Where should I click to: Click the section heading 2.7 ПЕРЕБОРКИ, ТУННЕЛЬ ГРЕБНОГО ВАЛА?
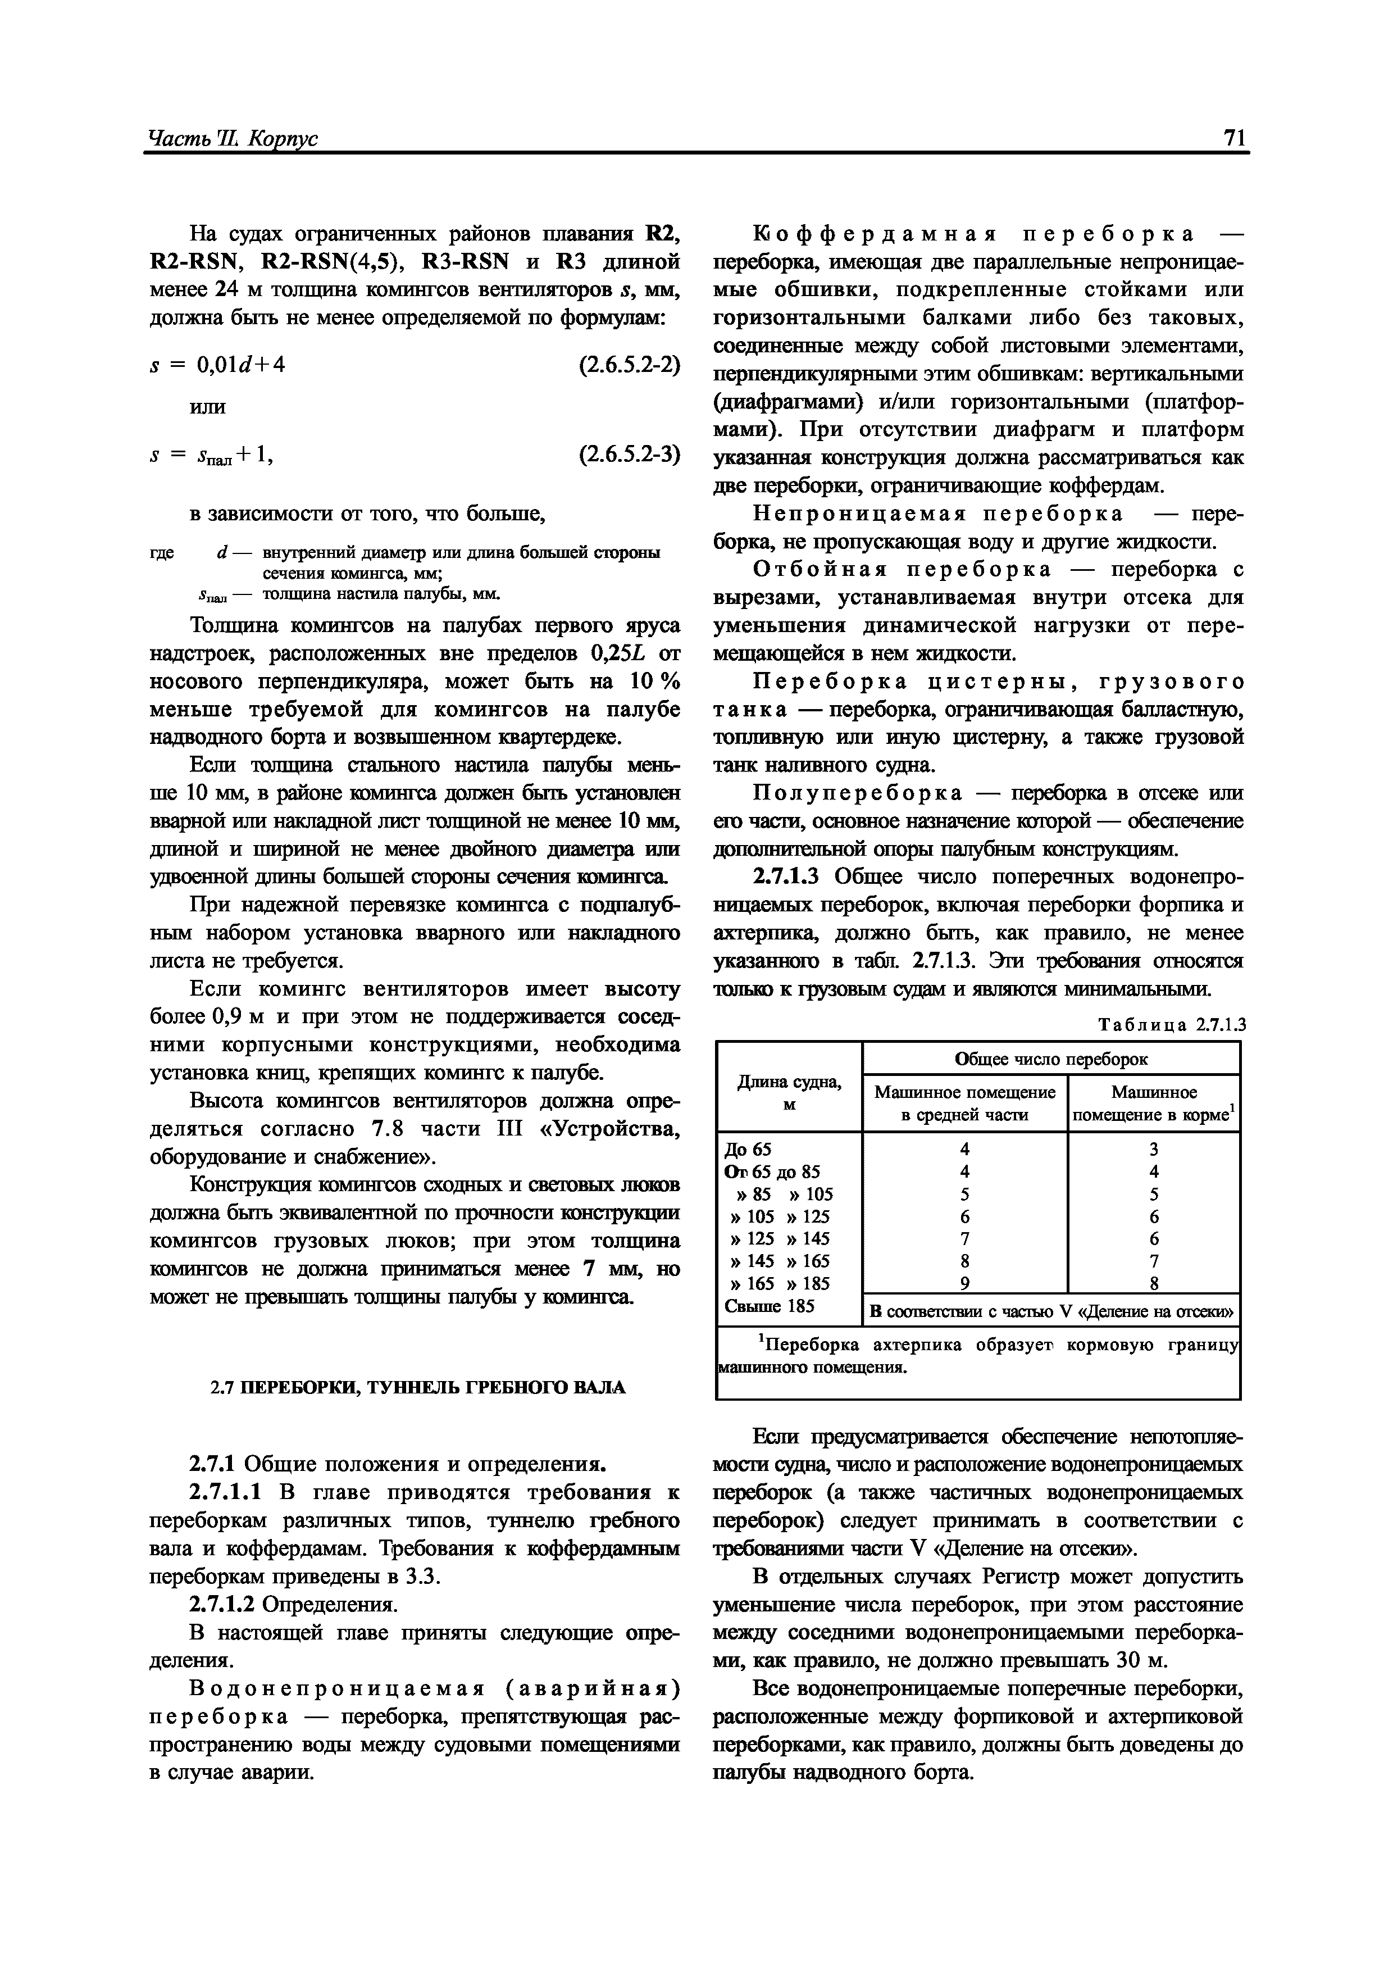coord(418,1387)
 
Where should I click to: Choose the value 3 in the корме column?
coord(1154,1150)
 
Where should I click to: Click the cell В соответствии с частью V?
coord(1050,1312)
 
